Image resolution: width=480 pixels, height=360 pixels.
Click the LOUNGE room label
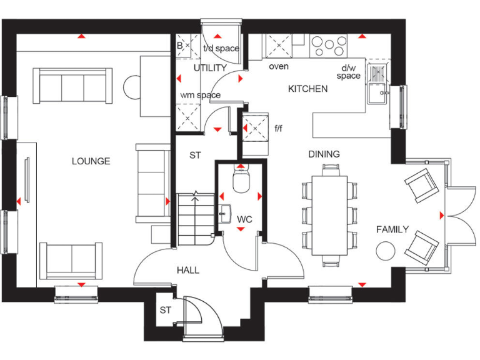(x=91, y=161)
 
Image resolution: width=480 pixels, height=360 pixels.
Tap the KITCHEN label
(x=307, y=89)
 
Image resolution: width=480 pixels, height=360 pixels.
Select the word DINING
(x=324, y=154)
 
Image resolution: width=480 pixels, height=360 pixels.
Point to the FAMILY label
(x=392, y=229)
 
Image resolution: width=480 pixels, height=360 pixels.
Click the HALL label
(x=187, y=270)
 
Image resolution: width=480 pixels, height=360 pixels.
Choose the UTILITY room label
(x=209, y=67)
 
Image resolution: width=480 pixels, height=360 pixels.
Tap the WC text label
(x=244, y=219)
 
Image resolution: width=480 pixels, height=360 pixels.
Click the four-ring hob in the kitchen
(x=329, y=45)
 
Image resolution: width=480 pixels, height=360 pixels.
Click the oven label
(x=279, y=66)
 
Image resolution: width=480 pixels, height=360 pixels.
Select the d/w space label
(x=349, y=72)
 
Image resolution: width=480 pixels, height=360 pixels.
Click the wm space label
(x=201, y=95)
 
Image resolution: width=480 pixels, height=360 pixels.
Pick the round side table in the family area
(x=386, y=251)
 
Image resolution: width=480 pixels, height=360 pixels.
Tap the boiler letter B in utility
(x=180, y=46)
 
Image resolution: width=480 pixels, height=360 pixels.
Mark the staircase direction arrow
(x=196, y=196)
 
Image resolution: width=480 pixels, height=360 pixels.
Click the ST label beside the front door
(x=165, y=310)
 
